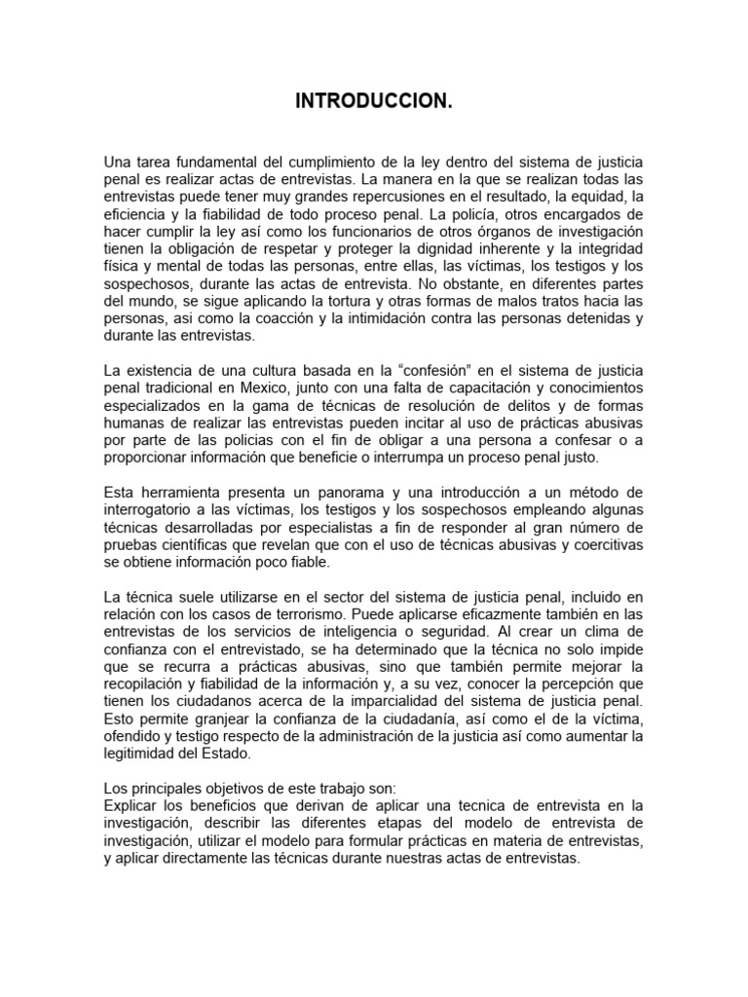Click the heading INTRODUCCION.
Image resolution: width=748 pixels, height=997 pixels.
click(x=374, y=102)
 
